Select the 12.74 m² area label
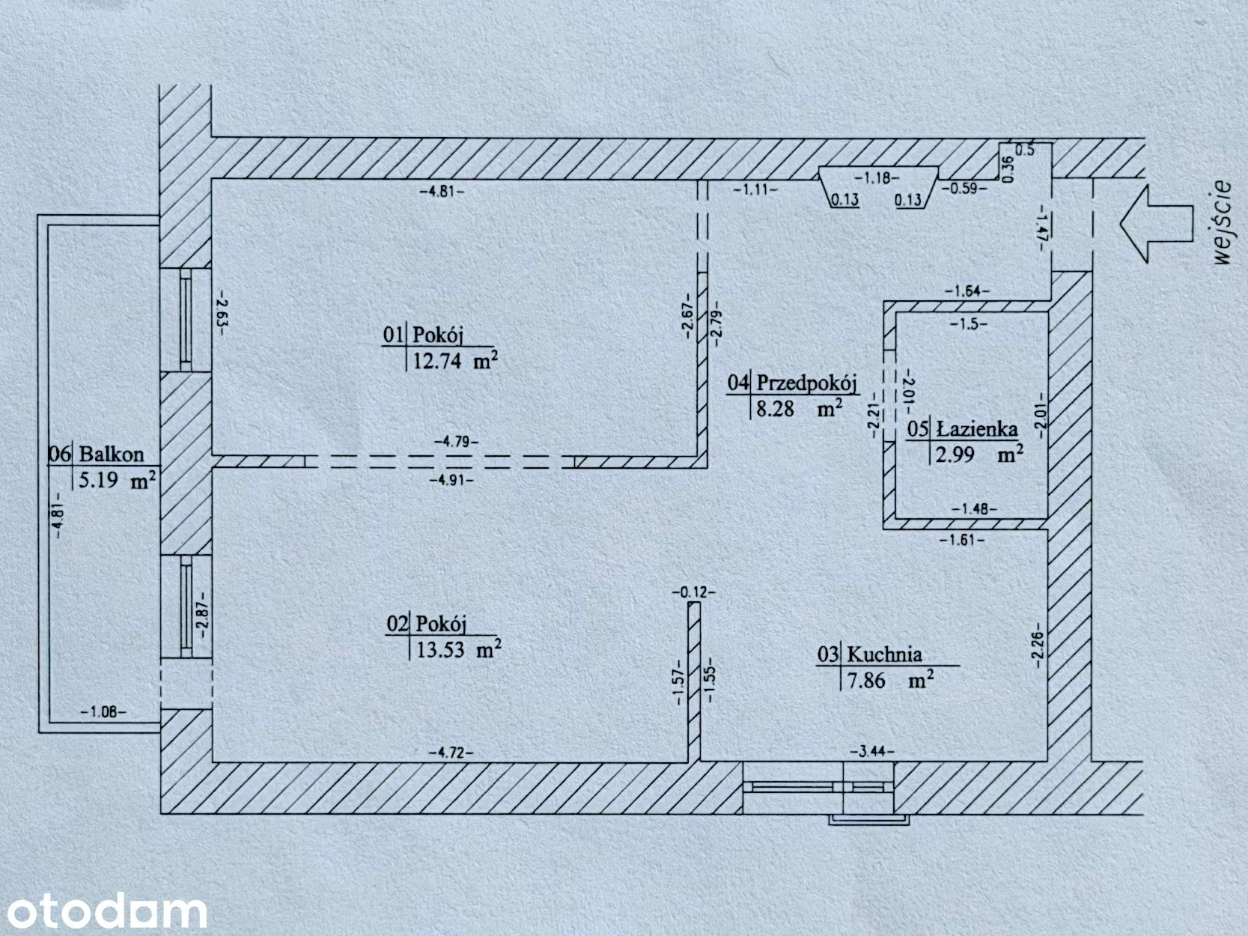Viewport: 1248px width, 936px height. click(x=455, y=360)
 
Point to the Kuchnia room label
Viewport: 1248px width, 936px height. click(x=884, y=654)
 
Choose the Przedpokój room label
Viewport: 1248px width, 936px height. click(x=806, y=383)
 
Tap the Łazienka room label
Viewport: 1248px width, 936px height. click(x=977, y=428)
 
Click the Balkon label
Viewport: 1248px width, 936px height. click(x=112, y=454)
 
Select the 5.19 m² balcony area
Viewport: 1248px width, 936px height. click(x=117, y=481)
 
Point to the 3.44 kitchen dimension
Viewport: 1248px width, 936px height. click(x=872, y=752)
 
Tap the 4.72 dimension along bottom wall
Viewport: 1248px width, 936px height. click(x=450, y=753)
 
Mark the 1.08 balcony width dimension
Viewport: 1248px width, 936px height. click(x=103, y=711)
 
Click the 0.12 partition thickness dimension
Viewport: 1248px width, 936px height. click(x=694, y=592)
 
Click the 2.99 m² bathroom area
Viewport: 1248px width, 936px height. click(x=979, y=455)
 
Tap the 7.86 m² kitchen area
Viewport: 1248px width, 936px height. click(x=890, y=680)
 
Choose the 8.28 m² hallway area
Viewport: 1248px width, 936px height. click(x=799, y=408)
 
